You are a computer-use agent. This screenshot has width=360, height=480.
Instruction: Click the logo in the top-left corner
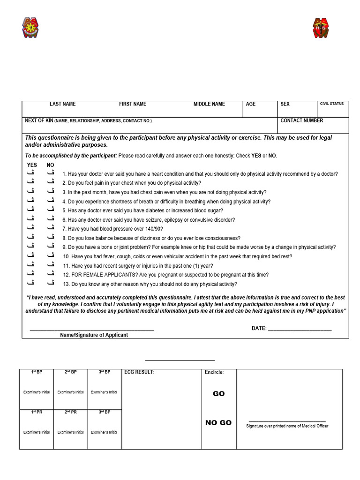30,28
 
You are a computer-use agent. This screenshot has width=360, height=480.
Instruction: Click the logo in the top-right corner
322,28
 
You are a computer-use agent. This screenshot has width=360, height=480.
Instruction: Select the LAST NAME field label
62,104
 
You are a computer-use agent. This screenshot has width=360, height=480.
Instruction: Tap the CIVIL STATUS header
332,104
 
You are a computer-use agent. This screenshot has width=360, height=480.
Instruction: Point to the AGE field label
251,104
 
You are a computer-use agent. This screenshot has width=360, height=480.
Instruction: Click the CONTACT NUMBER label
301,120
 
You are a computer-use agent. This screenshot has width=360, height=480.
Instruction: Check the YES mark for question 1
31,173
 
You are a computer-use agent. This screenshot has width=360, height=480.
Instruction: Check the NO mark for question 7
50,228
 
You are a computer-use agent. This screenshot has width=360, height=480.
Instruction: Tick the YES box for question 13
31,283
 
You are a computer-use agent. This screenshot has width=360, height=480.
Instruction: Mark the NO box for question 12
50,274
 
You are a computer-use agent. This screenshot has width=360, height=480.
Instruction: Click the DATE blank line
300,329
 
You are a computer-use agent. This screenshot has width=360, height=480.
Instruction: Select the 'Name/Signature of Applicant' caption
94,335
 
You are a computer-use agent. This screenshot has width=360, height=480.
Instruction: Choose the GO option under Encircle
218,394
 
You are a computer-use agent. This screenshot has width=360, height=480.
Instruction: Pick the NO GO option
218,423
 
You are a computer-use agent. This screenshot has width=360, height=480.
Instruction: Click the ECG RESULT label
139,373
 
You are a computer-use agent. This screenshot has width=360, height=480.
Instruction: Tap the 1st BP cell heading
37,372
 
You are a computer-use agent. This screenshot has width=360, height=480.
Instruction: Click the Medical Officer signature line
287,422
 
